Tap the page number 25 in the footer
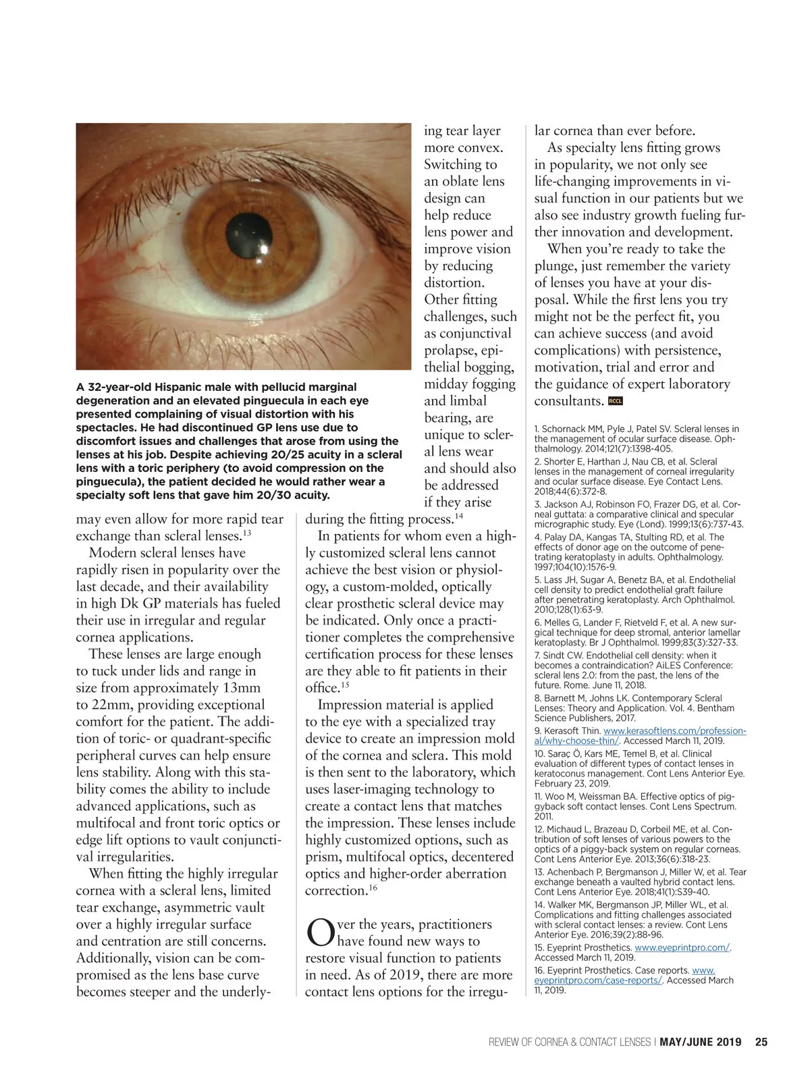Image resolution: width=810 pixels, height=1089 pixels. (761, 1042)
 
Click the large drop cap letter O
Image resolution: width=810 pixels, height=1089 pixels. (320, 932)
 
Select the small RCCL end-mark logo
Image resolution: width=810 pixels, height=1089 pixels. (615, 401)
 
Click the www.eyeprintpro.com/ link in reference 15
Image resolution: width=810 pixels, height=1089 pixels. (682, 947)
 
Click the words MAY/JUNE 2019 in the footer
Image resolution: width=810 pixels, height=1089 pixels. (700, 1042)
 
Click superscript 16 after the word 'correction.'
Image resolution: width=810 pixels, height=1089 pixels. (373, 888)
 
